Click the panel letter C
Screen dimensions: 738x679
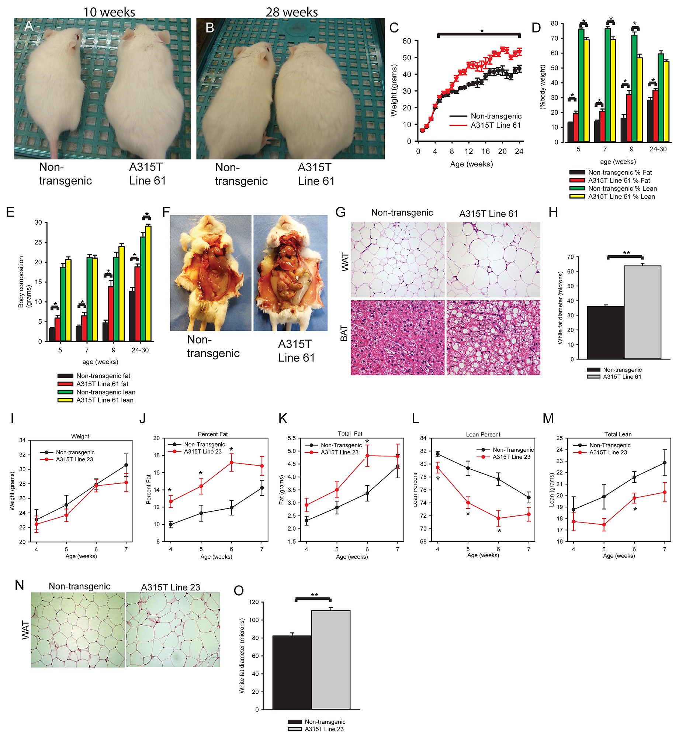pos(394,28)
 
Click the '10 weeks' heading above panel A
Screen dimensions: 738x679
pos(109,12)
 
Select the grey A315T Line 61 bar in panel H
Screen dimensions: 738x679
pos(642,312)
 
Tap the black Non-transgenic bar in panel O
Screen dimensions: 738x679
pos(292,672)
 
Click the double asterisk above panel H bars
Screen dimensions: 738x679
pos(626,253)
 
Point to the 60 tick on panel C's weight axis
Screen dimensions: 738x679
pos(407,41)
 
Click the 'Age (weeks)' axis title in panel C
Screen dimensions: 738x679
pos(471,164)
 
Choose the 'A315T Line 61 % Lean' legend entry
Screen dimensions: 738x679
pos(621,197)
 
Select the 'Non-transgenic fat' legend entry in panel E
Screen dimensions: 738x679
pos(103,376)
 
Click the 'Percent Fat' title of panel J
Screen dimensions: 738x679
pos(213,434)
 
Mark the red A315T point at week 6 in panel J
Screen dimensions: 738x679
pos(232,462)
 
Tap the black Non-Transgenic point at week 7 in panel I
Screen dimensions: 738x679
pos(126,465)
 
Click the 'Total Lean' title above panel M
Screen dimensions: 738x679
pos(618,434)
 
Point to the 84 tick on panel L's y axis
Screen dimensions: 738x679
pos(423,438)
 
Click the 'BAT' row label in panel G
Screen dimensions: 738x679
pos(344,333)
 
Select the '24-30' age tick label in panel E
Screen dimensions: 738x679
pos(140,350)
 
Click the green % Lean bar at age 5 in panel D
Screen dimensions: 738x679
pos(581,85)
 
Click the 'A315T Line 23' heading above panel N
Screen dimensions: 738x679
pos(170,587)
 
